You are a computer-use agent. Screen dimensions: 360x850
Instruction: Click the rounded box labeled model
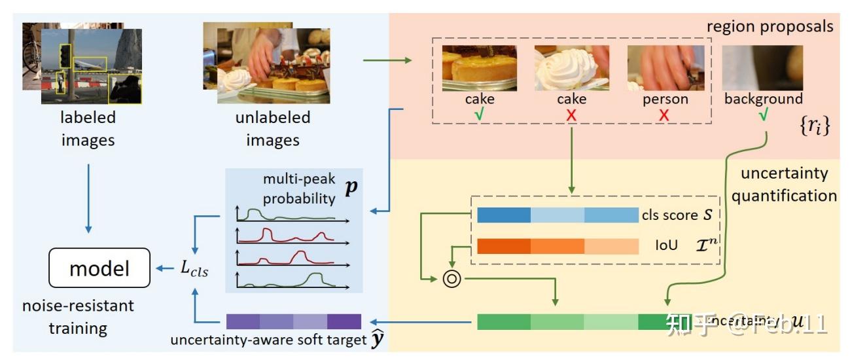pyautogui.click(x=99, y=268)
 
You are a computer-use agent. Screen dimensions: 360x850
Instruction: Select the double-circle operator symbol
pyautogui.click(x=452, y=278)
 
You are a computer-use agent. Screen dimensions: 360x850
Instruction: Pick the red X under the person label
pyautogui.click(x=664, y=115)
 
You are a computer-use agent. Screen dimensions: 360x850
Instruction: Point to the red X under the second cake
pyautogui.click(x=571, y=115)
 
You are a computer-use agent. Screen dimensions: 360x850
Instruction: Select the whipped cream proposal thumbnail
pyautogui.click(x=572, y=67)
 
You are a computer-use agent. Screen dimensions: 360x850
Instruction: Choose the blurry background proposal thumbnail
pyautogui.click(x=762, y=67)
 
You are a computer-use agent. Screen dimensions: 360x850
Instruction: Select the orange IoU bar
pyautogui.click(x=558, y=246)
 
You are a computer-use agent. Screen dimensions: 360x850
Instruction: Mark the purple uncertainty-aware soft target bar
pyautogui.click(x=293, y=321)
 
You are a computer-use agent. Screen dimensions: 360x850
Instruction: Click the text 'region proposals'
pyautogui.click(x=770, y=27)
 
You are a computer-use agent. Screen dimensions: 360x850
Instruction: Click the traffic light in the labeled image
pyautogui.click(x=65, y=56)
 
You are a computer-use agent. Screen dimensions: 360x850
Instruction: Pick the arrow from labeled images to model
pyautogui.click(x=90, y=196)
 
